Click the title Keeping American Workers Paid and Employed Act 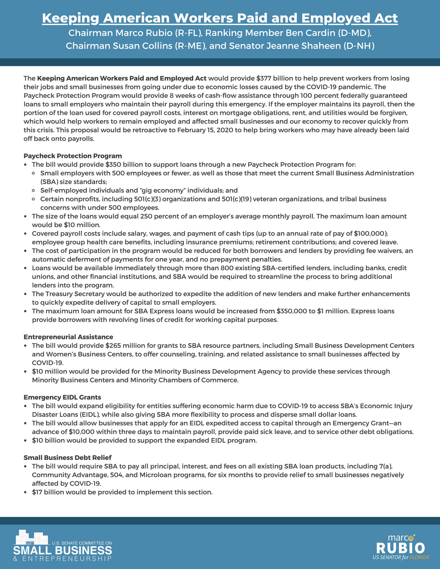click(x=220, y=18)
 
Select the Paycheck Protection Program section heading click(x=73, y=156)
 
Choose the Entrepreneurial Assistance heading click(x=68, y=337)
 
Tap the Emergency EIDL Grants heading click(x=62, y=397)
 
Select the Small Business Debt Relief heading click(x=68, y=458)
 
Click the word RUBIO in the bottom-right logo click(x=400, y=548)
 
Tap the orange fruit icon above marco click(x=413, y=537)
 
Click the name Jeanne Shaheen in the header click(x=303, y=46)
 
